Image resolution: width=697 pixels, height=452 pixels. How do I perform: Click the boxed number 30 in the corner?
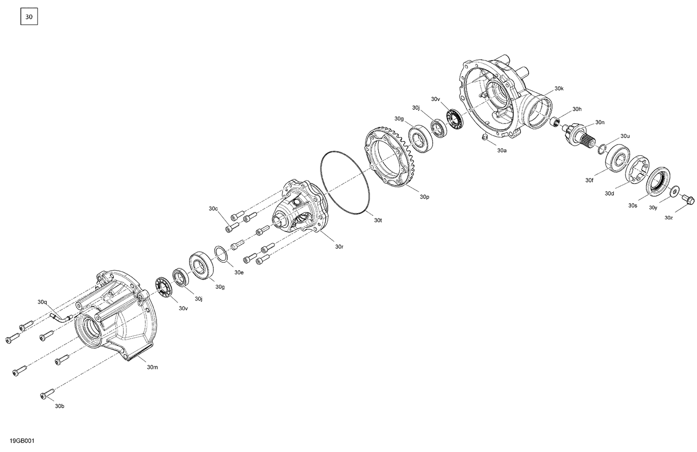29,17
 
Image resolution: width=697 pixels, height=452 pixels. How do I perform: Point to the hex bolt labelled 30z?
688,200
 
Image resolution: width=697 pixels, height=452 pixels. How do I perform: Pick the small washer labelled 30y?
674,191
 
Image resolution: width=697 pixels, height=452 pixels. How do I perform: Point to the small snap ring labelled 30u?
601,148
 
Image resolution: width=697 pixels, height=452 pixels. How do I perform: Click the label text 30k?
559,88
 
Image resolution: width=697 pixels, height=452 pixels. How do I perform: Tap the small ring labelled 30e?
221,254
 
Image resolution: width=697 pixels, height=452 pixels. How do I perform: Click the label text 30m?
152,367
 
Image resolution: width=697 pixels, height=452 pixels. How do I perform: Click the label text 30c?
213,209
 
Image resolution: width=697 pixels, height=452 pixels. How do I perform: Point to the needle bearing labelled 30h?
554,122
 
